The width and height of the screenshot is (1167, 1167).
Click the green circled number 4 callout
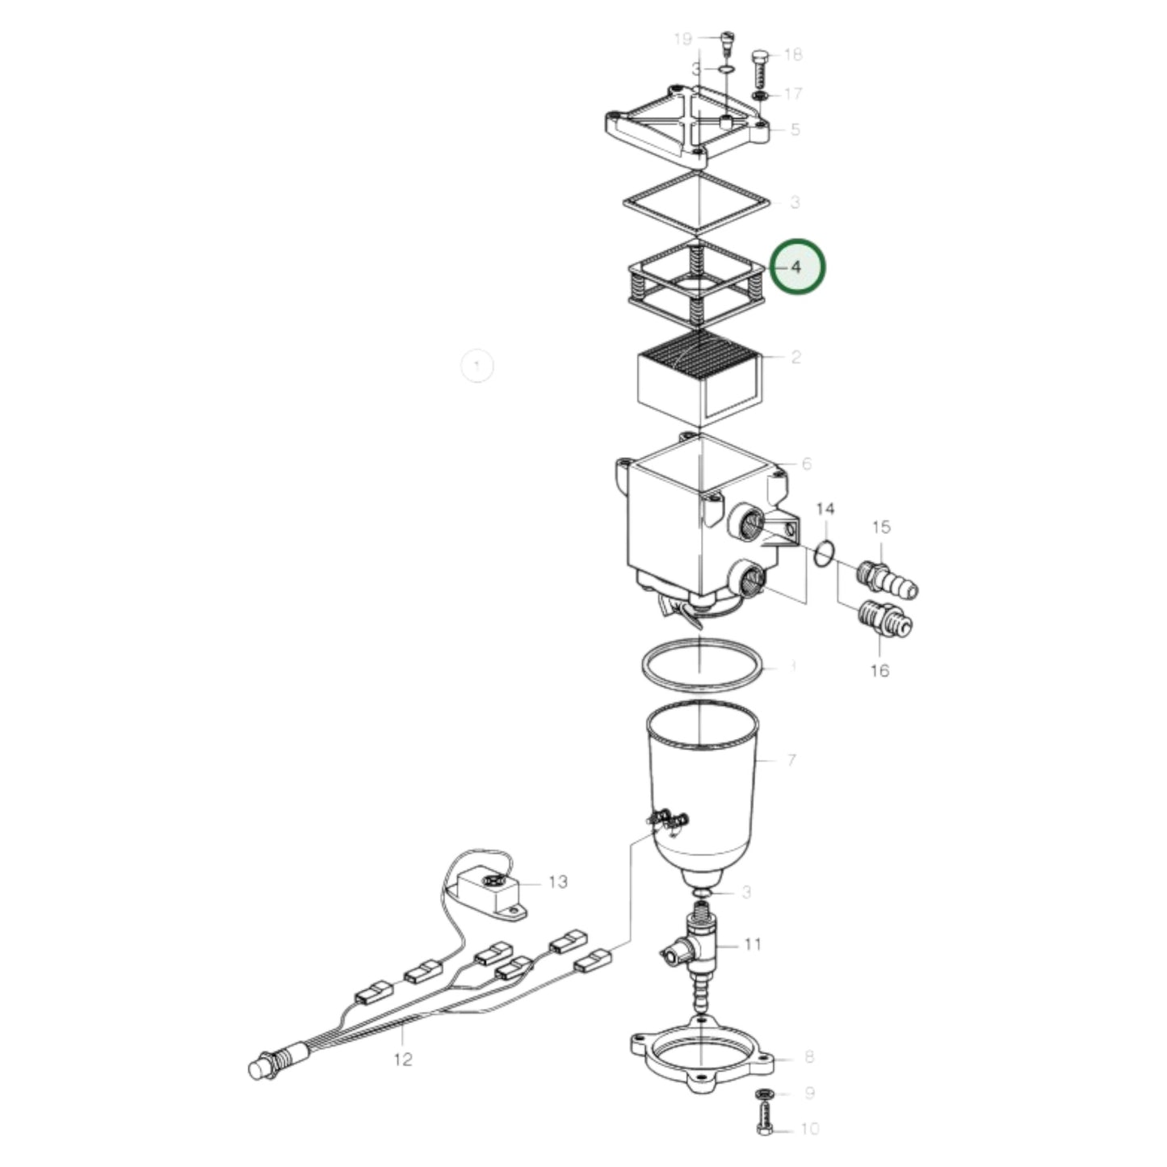pyautogui.click(x=797, y=267)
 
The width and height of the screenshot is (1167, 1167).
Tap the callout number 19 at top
pyautogui.click(x=683, y=39)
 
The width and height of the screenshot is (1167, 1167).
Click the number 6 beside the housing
pyautogui.click(x=805, y=464)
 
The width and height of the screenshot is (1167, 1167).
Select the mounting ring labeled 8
pyautogui.click(x=701, y=1058)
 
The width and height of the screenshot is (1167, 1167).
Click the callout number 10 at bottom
pyautogui.click(x=809, y=1128)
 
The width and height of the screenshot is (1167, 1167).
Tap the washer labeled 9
pyautogui.click(x=764, y=1094)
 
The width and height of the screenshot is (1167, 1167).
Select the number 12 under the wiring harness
pyautogui.click(x=402, y=1059)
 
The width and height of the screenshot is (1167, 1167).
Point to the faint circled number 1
pyautogui.click(x=476, y=367)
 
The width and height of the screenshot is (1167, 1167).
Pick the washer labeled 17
pyautogui.click(x=759, y=96)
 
